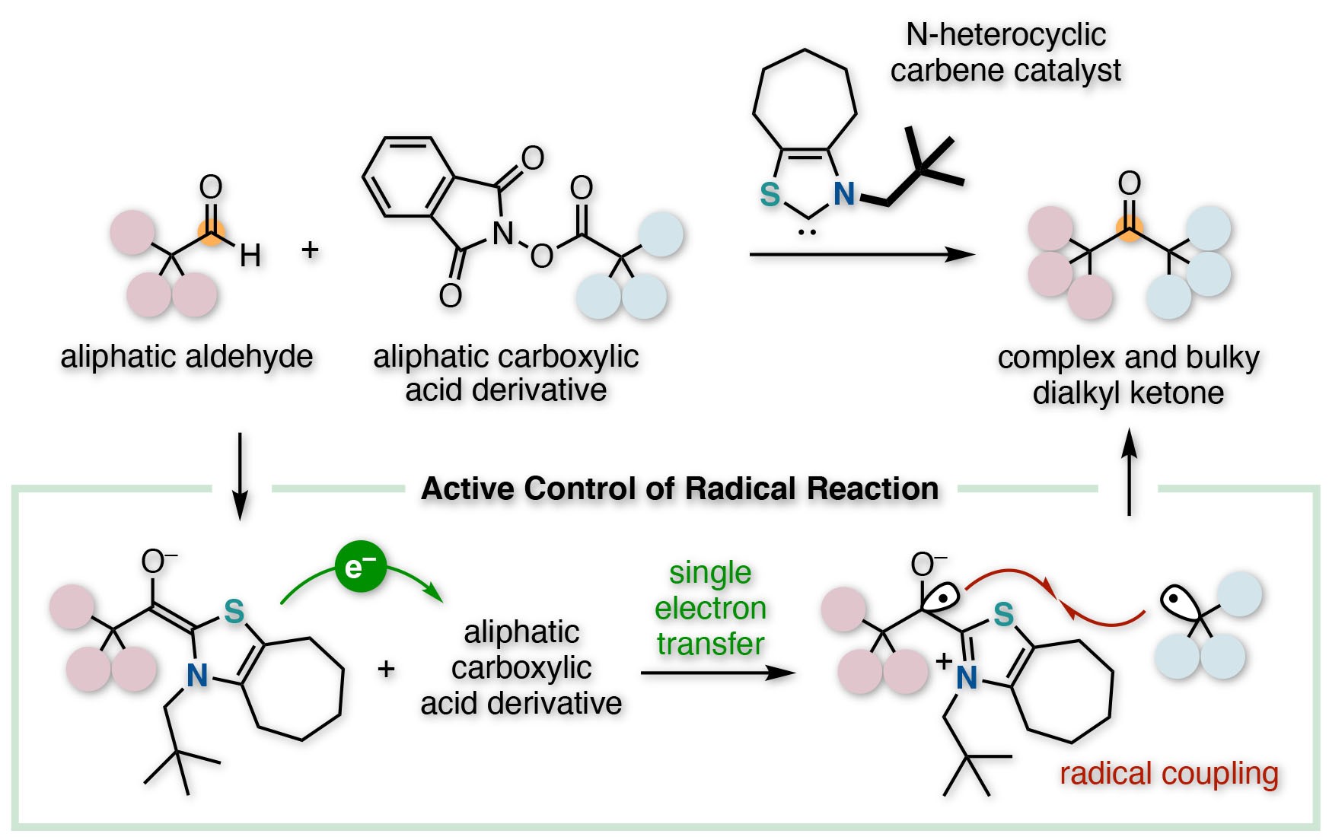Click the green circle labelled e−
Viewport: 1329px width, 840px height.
(361, 567)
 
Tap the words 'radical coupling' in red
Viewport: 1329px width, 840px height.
(1168, 774)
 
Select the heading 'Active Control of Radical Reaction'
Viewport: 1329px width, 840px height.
(680, 488)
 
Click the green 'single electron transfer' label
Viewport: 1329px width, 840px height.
(710, 608)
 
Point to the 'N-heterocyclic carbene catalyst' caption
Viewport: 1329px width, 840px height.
(1006, 52)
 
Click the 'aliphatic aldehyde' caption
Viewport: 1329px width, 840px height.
(186, 356)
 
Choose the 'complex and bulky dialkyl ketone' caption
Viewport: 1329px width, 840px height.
(1128, 375)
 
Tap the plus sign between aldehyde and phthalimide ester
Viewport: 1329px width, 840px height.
(310, 250)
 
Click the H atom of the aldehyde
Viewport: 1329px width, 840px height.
(250, 256)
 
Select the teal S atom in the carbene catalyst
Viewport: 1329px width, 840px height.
(770, 195)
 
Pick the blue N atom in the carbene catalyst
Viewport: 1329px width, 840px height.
(844, 194)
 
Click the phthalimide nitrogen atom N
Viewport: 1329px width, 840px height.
(502, 233)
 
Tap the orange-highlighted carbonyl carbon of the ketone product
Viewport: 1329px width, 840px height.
(1130, 227)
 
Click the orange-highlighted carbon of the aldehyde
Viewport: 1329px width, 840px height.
(211, 231)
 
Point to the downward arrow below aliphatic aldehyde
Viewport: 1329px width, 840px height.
(240, 476)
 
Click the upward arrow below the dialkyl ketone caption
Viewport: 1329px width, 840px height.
(1130, 472)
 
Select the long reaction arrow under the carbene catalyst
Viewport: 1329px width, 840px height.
(862, 254)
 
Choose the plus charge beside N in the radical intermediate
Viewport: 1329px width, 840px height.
(944, 660)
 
